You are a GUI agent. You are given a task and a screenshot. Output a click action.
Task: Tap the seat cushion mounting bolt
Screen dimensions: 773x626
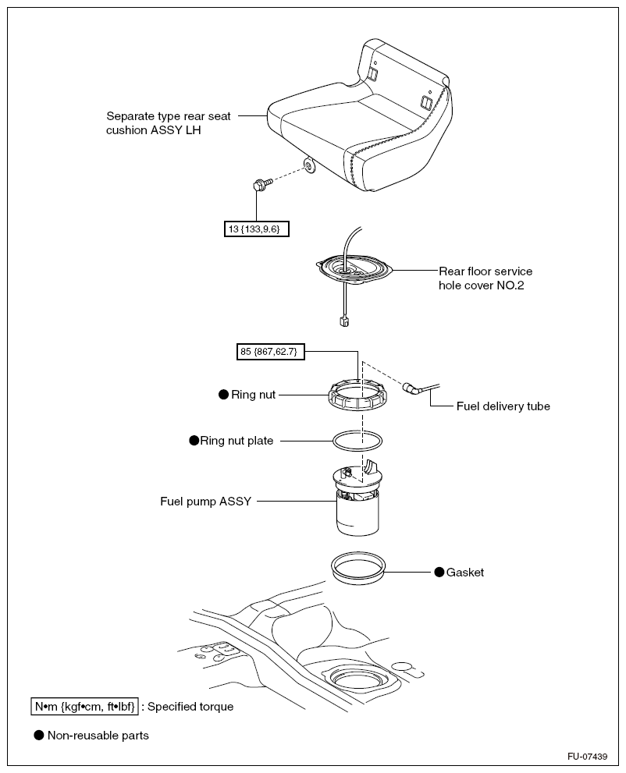click(259, 186)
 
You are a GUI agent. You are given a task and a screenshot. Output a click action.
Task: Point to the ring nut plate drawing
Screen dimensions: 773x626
click(357, 440)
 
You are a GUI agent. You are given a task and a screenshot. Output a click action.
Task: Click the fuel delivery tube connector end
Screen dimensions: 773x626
click(411, 388)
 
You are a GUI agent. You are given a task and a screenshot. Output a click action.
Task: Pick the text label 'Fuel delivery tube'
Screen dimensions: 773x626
click(503, 406)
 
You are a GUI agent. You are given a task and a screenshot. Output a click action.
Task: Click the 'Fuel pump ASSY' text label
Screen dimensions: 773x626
click(206, 502)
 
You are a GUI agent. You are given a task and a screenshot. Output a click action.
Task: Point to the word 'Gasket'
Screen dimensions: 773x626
click(465, 573)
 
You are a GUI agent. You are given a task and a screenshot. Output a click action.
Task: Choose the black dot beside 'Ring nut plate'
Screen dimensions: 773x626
click(194, 441)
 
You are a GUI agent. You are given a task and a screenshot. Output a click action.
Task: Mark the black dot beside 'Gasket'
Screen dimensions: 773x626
click(439, 573)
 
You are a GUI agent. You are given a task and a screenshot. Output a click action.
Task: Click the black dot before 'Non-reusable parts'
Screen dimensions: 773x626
click(38, 735)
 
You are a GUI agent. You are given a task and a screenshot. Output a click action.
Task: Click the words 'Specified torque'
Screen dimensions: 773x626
click(190, 707)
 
